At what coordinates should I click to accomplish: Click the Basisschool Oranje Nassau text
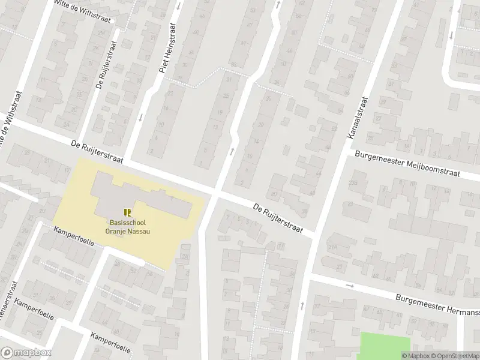click(127, 226)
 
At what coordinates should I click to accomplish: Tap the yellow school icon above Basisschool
click(127, 212)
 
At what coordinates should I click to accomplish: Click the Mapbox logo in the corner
click(26, 353)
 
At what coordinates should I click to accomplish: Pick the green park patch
click(385, 346)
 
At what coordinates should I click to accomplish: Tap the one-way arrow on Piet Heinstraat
click(140, 117)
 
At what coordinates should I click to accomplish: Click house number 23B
click(352, 183)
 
